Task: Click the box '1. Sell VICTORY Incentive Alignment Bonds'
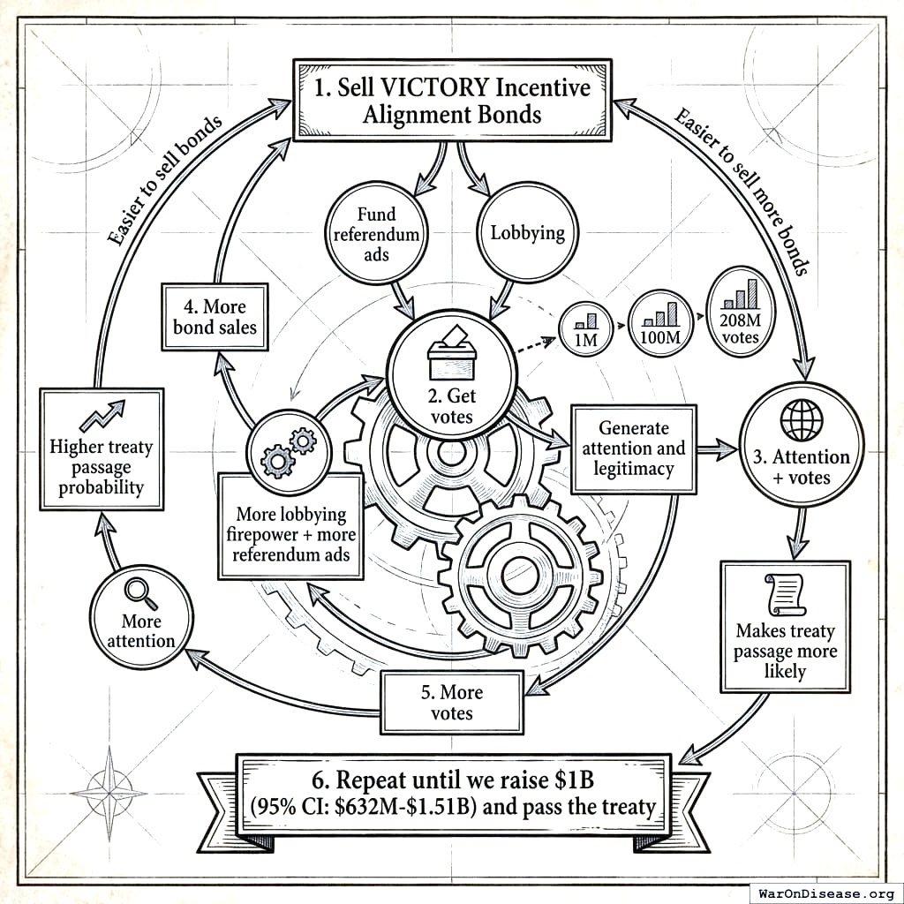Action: (x=451, y=101)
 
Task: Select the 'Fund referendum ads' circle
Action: (x=376, y=233)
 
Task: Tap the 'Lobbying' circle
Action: (x=526, y=233)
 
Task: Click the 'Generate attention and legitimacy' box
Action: (x=634, y=448)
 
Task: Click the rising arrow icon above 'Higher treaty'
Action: (x=101, y=416)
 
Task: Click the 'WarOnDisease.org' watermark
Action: (x=825, y=892)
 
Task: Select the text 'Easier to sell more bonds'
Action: (x=742, y=190)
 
